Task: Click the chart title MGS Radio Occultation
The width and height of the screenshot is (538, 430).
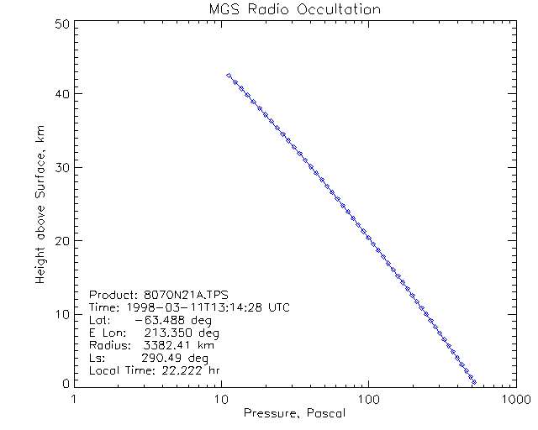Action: (x=294, y=10)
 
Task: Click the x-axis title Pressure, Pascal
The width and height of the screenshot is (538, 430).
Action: (x=294, y=414)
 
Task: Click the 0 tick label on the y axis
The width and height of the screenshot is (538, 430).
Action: (x=64, y=383)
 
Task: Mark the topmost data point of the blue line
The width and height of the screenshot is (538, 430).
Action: (x=229, y=76)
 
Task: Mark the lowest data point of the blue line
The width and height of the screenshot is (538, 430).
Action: (x=474, y=382)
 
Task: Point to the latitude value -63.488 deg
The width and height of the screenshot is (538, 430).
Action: (x=169, y=320)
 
